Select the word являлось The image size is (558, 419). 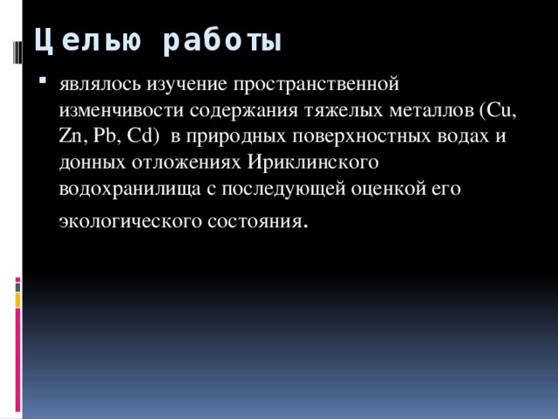(99, 85)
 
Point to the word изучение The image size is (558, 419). (185, 85)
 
